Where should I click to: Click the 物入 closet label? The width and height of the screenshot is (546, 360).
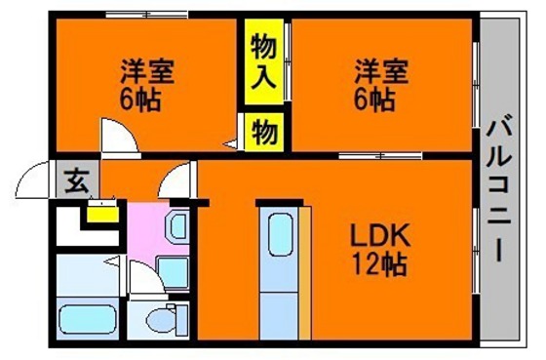coord(263,60)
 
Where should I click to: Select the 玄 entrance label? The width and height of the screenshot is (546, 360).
coord(76,180)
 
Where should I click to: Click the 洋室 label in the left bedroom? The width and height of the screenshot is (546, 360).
coord(142,72)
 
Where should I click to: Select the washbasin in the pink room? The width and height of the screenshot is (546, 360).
coord(175,227)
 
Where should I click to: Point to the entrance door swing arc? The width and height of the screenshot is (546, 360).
coord(35,181)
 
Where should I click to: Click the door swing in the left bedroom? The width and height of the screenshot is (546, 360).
coord(116,133)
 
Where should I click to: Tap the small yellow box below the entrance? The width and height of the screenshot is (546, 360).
coord(98,212)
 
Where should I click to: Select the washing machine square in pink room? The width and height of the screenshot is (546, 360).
coord(173,271)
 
